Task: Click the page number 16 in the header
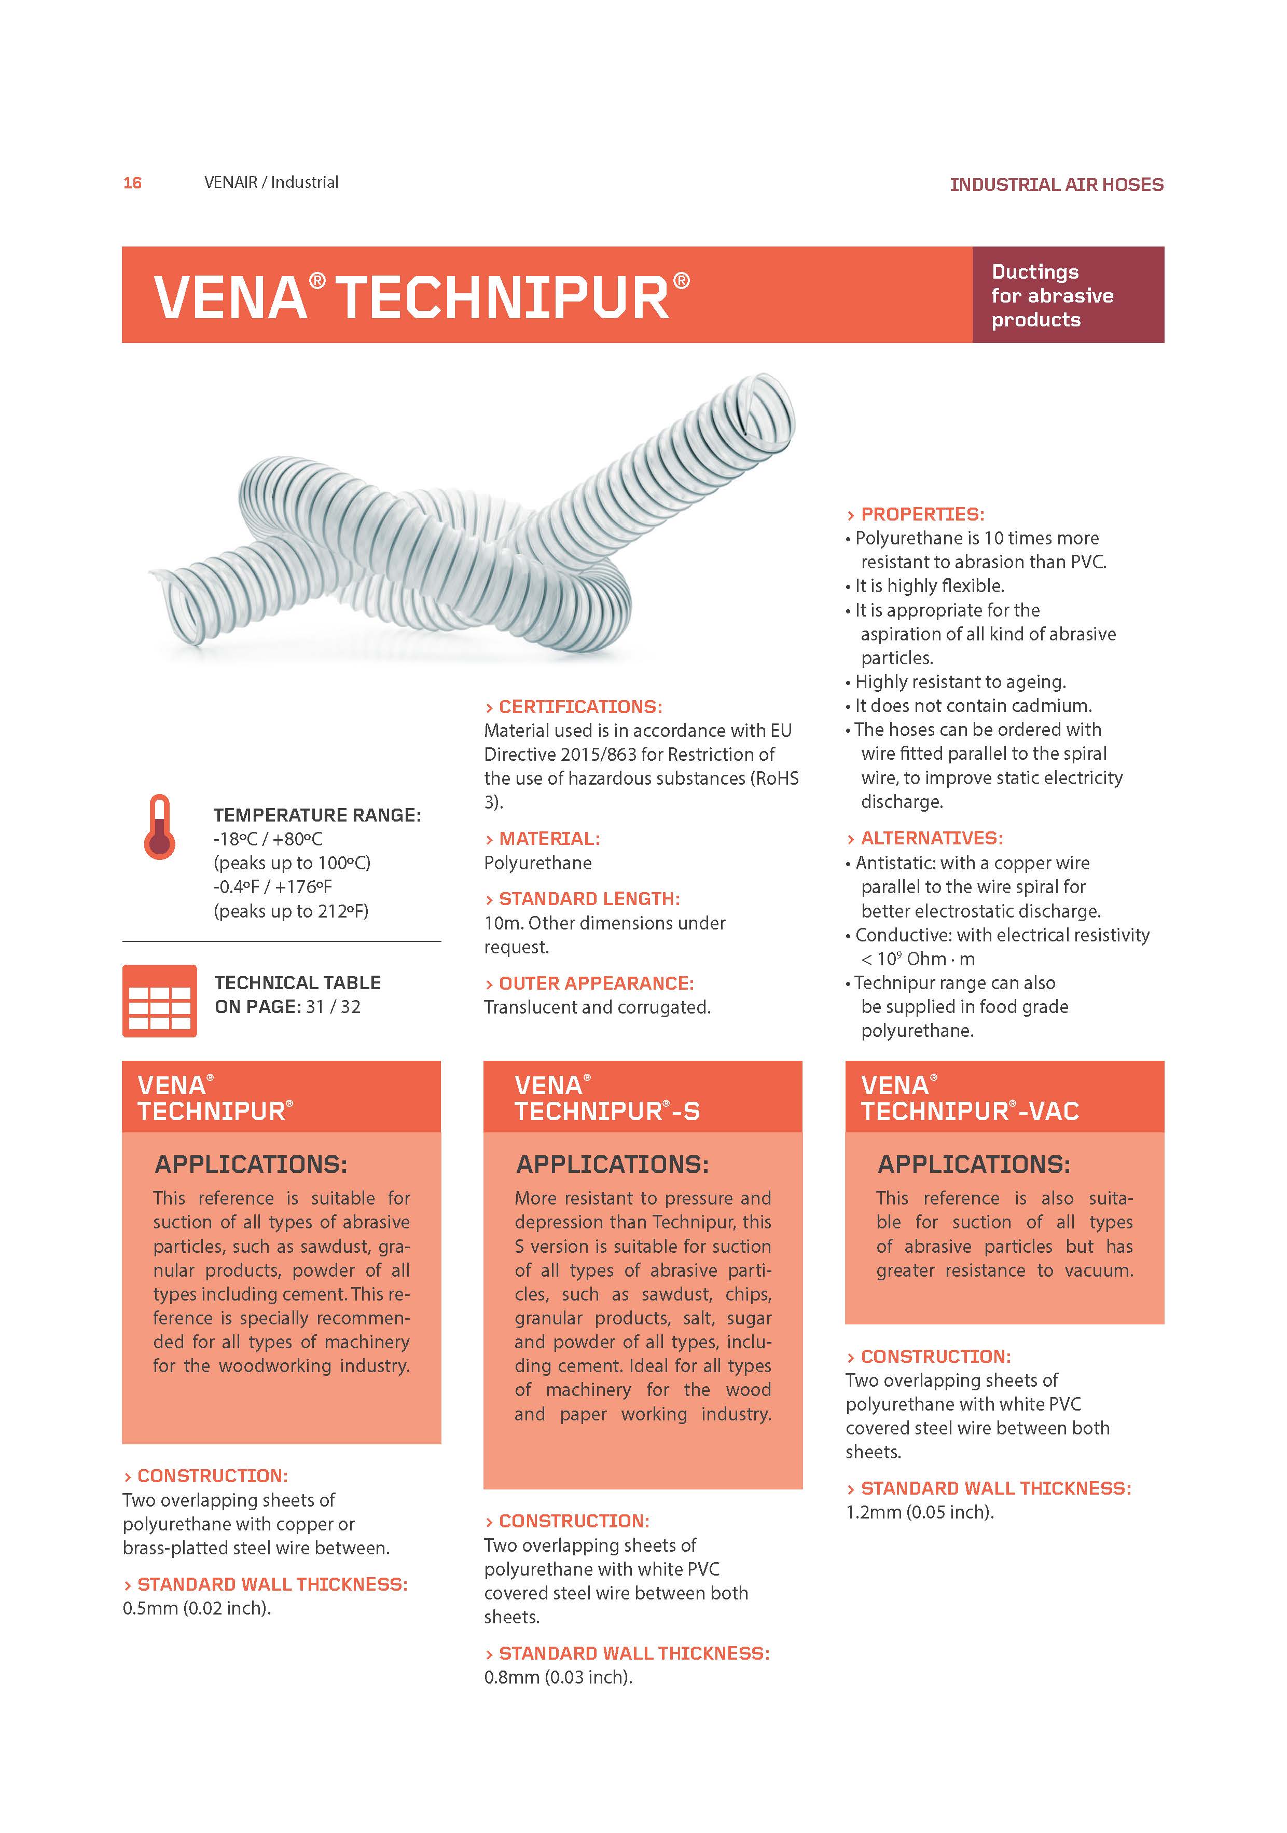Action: [x=132, y=183]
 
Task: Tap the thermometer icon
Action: [x=160, y=827]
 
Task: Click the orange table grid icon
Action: [x=160, y=1001]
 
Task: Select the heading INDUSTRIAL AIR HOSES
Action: [x=1056, y=184]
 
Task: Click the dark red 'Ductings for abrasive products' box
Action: [x=1068, y=295]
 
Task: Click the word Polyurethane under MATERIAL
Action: [x=538, y=863]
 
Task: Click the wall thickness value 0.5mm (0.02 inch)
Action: [x=196, y=1609]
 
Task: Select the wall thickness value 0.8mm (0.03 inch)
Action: [x=558, y=1677]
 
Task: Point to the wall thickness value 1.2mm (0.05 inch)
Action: [x=919, y=1512]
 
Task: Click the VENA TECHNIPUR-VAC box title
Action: [x=970, y=1098]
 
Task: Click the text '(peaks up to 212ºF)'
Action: [x=291, y=911]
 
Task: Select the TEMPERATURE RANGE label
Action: [x=317, y=815]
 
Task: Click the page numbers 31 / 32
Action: [x=333, y=1007]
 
